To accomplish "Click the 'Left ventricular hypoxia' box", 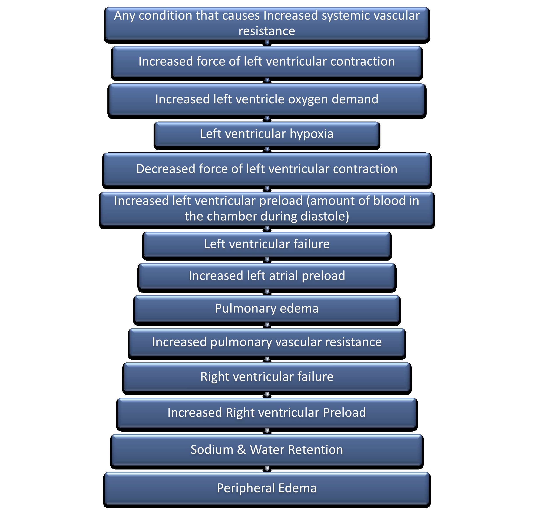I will (x=267, y=135).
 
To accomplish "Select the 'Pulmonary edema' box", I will (x=267, y=309).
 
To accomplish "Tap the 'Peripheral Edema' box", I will (x=267, y=489).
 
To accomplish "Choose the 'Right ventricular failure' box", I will (x=267, y=377).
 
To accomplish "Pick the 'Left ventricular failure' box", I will (x=267, y=244).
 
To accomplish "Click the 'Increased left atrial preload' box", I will (x=267, y=276).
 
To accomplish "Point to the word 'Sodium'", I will (x=212, y=450).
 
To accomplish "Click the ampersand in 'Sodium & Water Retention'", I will (x=241, y=450).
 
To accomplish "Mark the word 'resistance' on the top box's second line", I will (x=267, y=31).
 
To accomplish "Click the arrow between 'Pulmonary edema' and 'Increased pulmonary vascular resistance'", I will (x=267, y=326).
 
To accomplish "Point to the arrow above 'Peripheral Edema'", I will (x=267, y=469).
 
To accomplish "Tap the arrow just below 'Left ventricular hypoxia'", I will (x=267, y=150).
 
